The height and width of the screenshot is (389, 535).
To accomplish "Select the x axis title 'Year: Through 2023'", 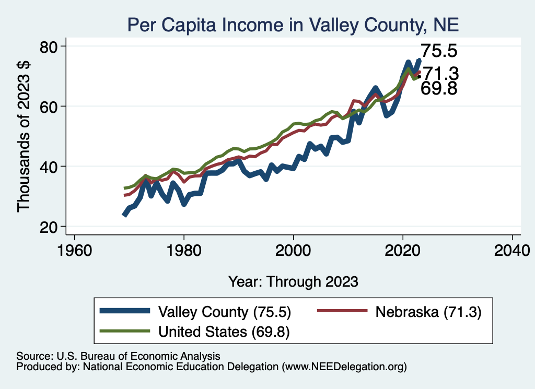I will point(293,281).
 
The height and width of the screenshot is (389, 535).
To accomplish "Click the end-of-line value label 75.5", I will point(439,51).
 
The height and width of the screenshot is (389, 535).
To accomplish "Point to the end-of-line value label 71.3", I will point(440,73).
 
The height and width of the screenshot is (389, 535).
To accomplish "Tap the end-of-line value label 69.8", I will point(439,89).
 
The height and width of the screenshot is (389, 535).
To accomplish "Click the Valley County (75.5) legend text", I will point(224,312).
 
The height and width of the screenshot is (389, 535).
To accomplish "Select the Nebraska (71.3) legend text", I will point(427,312).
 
